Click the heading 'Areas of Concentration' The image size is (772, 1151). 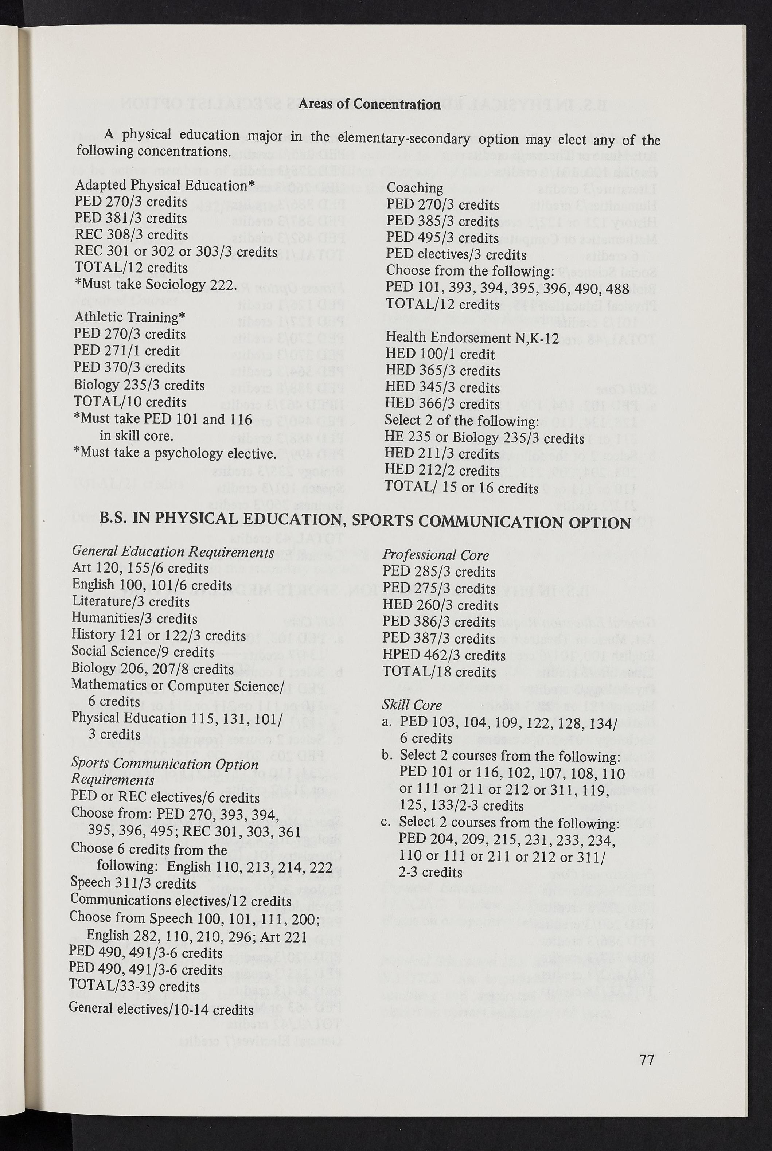(x=369, y=104)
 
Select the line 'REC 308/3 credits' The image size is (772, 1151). (x=132, y=235)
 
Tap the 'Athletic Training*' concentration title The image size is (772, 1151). (x=129, y=317)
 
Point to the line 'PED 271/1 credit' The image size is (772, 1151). (x=126, y=351)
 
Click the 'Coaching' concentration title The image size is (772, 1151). (x=414, y=188)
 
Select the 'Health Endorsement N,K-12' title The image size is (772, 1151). (x=472, y=338)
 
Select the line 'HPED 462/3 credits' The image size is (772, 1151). (x=444, y=655)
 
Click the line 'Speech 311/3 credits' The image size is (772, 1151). (x=133, y=883)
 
